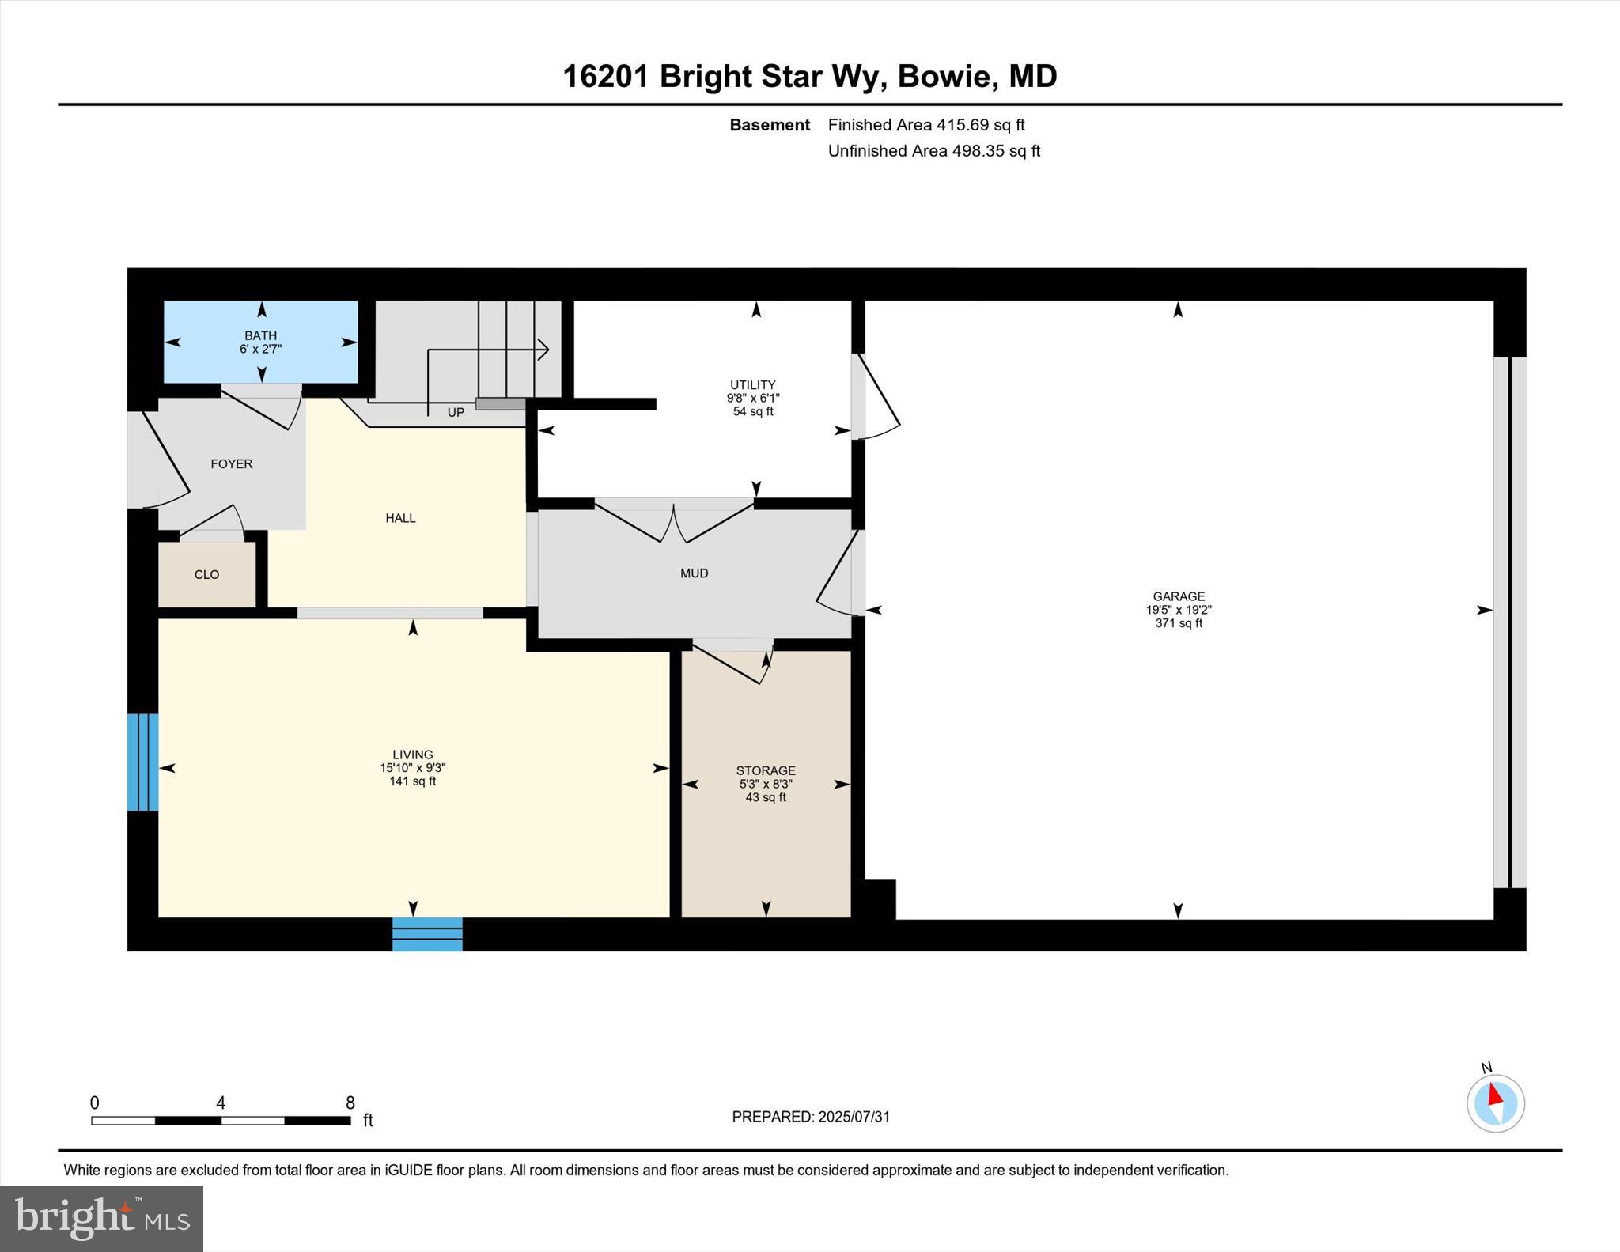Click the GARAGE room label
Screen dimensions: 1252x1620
1178,596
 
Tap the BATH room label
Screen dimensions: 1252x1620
260,335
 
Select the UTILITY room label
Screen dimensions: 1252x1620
752,385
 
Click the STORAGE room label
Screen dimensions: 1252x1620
765,770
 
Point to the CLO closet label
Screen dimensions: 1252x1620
206,575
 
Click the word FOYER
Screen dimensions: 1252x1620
231,464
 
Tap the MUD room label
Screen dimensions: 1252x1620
694,573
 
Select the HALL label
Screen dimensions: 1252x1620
400,518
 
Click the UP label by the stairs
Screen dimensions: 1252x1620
456,413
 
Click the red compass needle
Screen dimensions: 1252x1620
1494,1095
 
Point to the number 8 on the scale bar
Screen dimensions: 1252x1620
350,1103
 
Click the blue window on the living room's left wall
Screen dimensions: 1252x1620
143,762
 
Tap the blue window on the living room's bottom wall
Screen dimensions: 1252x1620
427,934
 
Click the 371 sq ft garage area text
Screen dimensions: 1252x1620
1178,623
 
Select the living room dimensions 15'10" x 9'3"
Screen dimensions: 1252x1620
412,768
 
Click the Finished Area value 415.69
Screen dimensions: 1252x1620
963,125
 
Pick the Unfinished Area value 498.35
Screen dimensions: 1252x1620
978,151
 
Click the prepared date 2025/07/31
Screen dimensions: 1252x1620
854,1117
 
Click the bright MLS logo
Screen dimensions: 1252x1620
101,1218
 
